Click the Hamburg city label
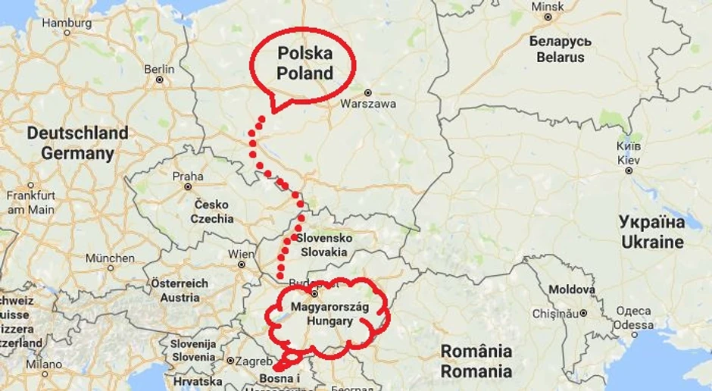tap(67, 23)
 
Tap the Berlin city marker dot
tap(160, 80)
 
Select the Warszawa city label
tap(368, 104)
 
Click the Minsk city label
tap(548, 6)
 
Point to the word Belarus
tap(561, 57)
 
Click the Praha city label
tap(188, 176)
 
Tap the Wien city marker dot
tap(242, 265)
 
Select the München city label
tap(110, 258)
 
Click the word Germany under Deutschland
tap(77, 153)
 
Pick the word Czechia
tap(212, 219)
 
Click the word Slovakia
tap(324, 252)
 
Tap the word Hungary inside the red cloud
tap(329, 321)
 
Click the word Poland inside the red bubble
tap(304, 74)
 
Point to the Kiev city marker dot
tap(628, 170)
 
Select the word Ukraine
tap(652, 242)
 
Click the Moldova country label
tap(572, 289)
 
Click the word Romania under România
tap(476, 371)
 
